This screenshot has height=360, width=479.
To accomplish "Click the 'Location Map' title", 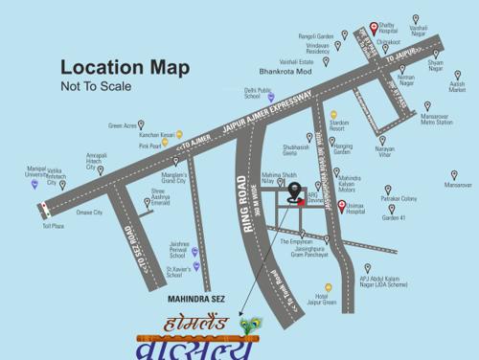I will pyautogui.click(x=125, y=67).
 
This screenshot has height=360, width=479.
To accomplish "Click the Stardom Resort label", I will pyautogui.click(x=339, y=125).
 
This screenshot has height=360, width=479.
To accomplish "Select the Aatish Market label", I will pyautogui.click(x=457, y=86).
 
